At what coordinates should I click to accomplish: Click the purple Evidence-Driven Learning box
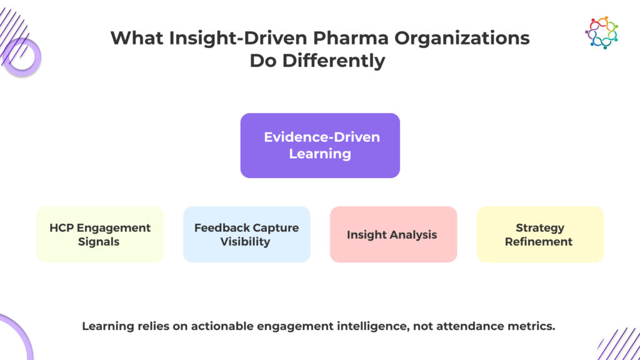[x=320, y=145]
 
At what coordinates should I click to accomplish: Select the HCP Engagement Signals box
[x=100, y=234]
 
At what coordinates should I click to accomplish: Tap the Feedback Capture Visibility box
[x=246, y=234]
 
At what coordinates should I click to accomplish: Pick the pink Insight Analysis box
[x=394, y=234]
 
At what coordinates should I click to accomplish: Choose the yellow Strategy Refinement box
[x=540, y=234]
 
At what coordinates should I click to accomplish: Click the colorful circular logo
[x=602, y=32]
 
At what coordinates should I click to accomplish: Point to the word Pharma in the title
[x=351, y=38]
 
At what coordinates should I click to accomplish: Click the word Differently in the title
[x=334, y=61]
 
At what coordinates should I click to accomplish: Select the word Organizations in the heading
[x=462, y=39]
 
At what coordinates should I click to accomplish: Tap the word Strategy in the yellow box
[x=540, y=228]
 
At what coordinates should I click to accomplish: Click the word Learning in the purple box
[x=320, y=154]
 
